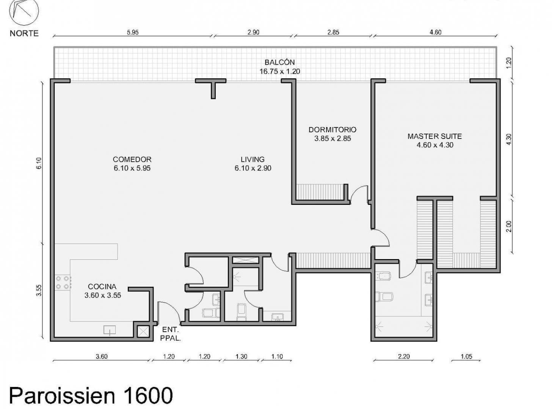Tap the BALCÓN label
point(279,62)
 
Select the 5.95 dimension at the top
point(133,33)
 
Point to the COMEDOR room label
point(132,159)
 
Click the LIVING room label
point(253,159)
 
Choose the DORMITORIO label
point(333,130)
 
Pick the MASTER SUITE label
point(435,136)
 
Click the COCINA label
point(102,286)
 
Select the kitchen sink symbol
point(110,330)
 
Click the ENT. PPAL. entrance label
point(170,334)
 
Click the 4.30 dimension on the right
point(509,139)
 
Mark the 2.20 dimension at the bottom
point(403,357)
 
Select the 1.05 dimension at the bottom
point(466,357)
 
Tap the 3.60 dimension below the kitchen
point(102,357)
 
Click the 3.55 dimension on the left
point(39,290)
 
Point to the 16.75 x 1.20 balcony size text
point(279,71)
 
